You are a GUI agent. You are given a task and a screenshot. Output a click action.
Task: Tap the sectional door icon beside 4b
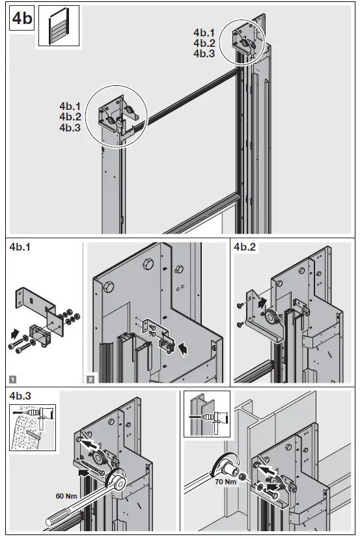(x=59, y=25)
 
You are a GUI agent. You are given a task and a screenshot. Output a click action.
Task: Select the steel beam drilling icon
(x=206, y=414)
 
